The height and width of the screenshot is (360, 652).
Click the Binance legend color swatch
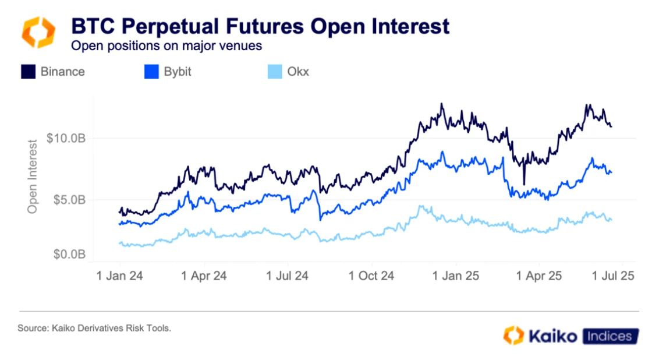click(27, 72)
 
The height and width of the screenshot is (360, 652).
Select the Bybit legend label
click(177, 72)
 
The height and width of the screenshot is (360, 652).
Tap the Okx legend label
click(298, 72)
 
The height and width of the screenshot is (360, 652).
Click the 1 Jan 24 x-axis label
click(119, 276)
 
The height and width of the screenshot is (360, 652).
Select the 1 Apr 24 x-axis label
click(203, 276)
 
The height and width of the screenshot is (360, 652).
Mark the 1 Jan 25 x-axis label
click(456, 276)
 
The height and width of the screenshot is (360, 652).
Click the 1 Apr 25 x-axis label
click(539, 276)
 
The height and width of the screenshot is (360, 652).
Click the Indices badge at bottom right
click(608, 336)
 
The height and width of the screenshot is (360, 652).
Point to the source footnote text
click(94, 329)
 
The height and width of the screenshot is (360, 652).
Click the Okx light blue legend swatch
click(274, 72)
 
